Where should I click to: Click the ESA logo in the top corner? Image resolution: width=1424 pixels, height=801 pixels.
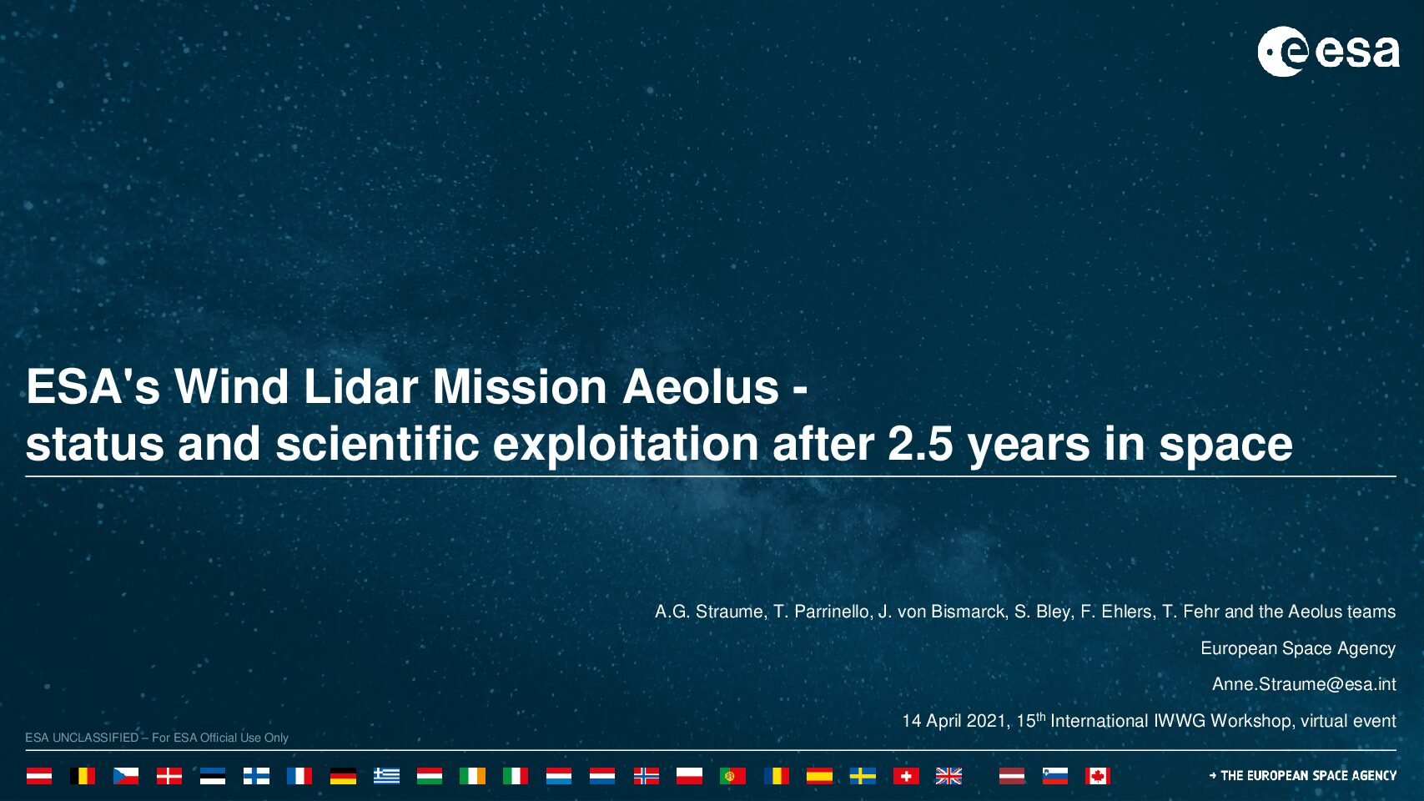tap(1328, 52)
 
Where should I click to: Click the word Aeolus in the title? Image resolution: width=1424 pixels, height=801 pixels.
tap(701, 386)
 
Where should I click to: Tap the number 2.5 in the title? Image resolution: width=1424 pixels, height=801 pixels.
tap(920, 444)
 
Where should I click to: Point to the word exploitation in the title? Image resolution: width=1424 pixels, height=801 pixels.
tap(626, 445)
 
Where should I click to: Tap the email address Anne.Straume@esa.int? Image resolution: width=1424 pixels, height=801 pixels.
tap(1304, 684)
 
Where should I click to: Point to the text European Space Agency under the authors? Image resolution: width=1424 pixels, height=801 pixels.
tap(1298, 648)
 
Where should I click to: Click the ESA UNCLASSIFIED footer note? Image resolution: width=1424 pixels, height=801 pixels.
tap(156, 738)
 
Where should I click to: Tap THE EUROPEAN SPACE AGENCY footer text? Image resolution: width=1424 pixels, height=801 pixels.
tap(1303, 776)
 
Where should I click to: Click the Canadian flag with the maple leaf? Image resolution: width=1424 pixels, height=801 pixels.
tap(1098, 776)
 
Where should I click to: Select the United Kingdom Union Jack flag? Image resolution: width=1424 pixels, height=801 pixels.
tap(948, 776)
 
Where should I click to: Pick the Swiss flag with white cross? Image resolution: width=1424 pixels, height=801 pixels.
tap(906, 776)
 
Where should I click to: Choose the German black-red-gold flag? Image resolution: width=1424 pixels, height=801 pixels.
tap(343, 776)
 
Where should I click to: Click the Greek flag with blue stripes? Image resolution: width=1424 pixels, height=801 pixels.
tap(386, 776)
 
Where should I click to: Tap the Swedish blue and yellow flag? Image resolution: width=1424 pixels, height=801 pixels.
tap(863, 776)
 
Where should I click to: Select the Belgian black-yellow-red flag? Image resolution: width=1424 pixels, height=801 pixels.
tap(83, 776)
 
